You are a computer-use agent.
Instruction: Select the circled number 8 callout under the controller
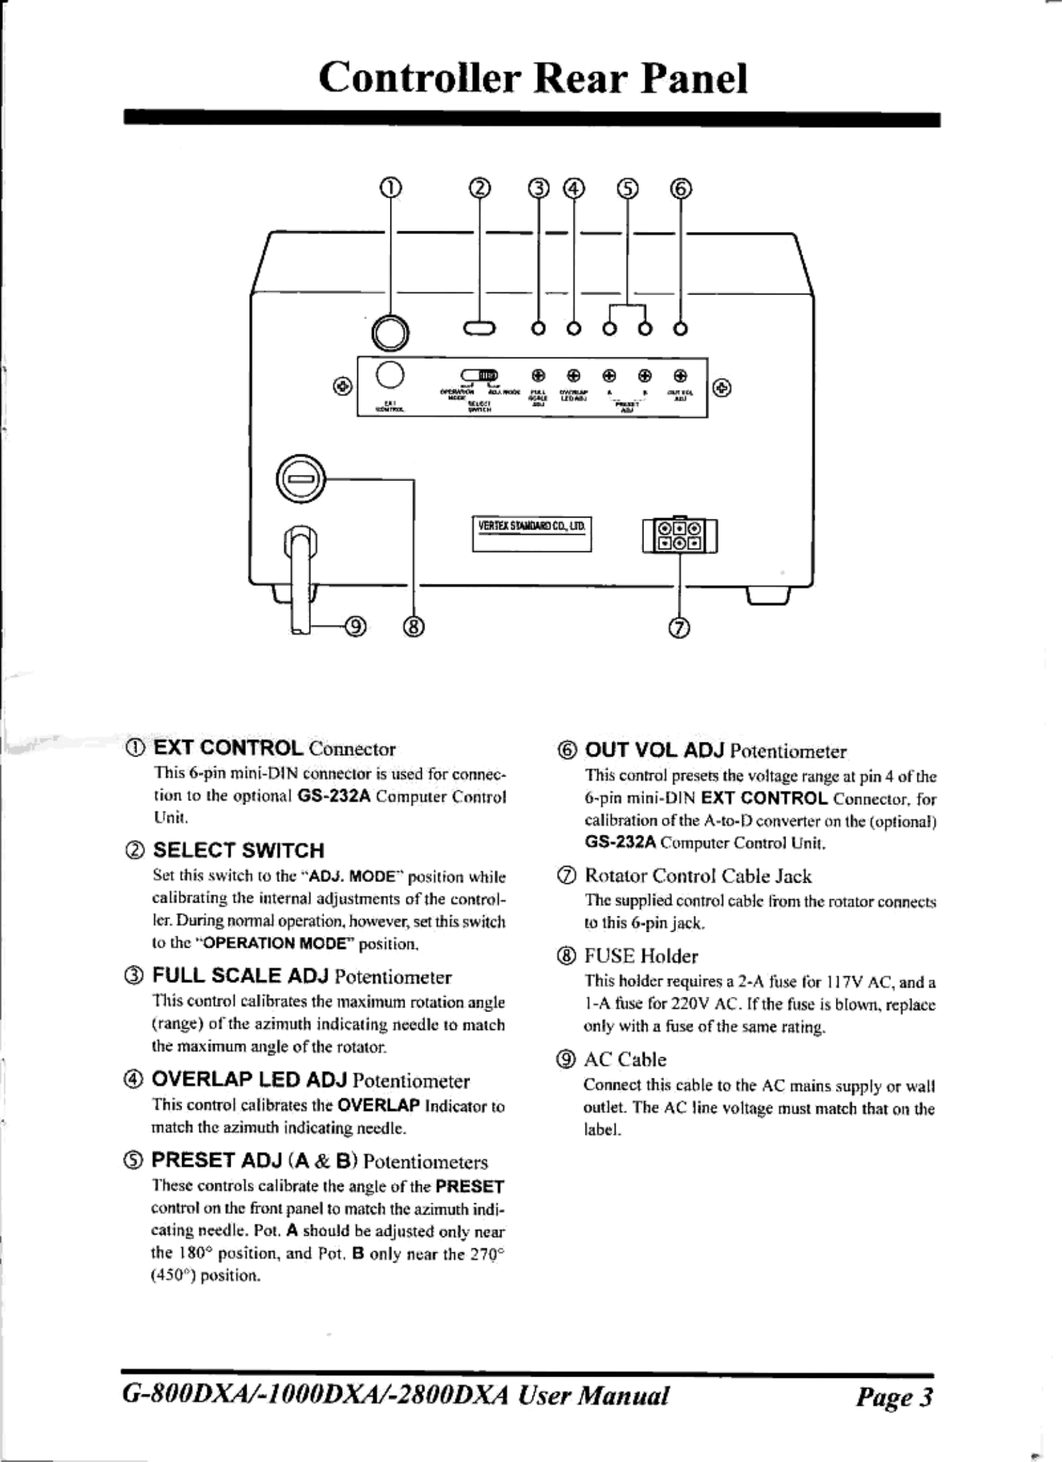[x=413, y=625]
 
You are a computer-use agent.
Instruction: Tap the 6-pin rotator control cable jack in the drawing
[x=679, y=535]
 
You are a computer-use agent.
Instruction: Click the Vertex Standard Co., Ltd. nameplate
[x=532, y=533]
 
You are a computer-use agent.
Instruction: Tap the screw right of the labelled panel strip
[x=722, y=387]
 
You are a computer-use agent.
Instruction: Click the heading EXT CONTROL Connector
[x=274, y=748]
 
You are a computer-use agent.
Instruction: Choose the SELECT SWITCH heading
[x=238, y=850]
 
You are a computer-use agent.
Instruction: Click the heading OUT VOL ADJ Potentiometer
[x=715, y=751]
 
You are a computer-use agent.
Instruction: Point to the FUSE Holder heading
[x=640, y=956]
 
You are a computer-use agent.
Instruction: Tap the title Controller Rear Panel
[x=533, y=78]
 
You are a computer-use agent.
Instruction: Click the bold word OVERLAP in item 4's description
[x=378, y=1105]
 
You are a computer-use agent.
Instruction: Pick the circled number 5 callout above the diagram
[x=628, y=187]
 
